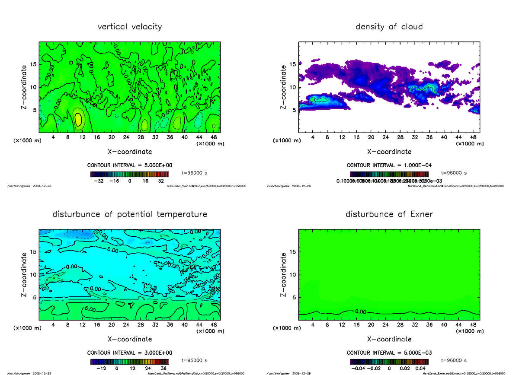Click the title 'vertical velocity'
pos(130,27)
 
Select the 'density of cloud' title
pos(389,27)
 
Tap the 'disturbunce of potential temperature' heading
pos(130,214)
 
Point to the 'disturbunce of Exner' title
pos(389,214)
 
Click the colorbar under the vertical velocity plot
pos(130,174)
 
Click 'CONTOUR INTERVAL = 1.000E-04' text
pos(389,165)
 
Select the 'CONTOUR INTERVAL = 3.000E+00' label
pos(130,353)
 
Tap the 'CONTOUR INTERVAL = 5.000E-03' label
pos(389,353)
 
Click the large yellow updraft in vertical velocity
pos(78,119)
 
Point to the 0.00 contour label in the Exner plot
pos(360,311)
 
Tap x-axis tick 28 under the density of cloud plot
pos(400,137)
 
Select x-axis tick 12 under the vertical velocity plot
pos(82,137)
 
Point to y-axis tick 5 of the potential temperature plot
pos(35,298)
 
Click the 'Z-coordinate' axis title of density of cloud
pos(284,87)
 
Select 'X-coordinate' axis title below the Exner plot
pos(389,339)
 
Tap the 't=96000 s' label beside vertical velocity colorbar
pos(194,173)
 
